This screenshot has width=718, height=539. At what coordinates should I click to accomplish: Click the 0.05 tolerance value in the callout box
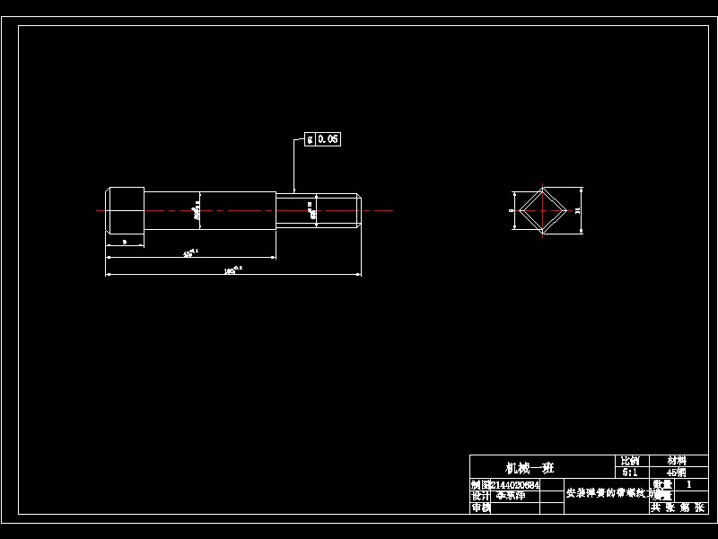point(328,139)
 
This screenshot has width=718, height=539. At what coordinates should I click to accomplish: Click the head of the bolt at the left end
point(126,211)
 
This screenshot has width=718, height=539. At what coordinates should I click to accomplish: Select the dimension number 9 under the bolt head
point(125,242)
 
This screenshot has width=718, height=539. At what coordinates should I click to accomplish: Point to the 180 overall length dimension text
point(232,269)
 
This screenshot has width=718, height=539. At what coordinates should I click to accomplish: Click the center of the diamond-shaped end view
point(544,211)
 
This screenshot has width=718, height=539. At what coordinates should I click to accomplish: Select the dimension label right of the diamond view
point(578,210)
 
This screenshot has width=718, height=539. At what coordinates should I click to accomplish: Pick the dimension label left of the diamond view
point(511,210)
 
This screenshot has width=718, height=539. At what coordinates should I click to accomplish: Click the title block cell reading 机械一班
point(530,468)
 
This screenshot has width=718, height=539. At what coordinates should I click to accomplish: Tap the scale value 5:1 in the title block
point(630,472)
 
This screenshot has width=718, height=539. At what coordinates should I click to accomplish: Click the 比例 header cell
point(630,460)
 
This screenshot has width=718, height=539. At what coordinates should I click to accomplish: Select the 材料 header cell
point(676,460)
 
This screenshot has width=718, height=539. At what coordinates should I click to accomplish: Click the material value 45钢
point(676,472)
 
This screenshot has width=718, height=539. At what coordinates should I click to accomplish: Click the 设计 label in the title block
point(480,496)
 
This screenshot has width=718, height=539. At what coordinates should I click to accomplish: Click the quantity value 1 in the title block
point(688,484)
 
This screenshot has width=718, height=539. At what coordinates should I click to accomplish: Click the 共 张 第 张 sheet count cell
point(679,508)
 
